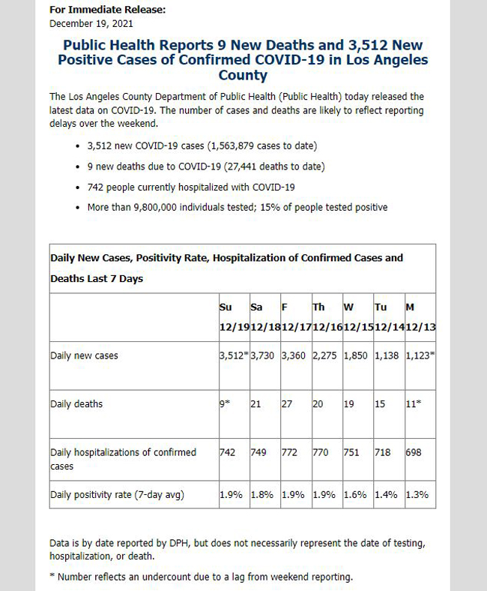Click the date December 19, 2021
pyautogui.click(x=91, y=24)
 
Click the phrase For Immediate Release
pyautogui.click(x=107, y=10)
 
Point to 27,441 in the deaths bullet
pyautogui.click(x=242, y=166)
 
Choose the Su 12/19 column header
pyautogui.click(x=235, y=317)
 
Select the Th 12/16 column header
pyautogui.click(x=327, y=317)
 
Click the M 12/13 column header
pyautogui.click(x=420, y=317)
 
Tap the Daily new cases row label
pyautogui.click(x=84, y=355)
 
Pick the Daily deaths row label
pyautogui.click(x=76, y=404)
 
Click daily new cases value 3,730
pyautogui.click(x=262, y=355)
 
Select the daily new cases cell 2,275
pyautogui.click(x=324, y=355)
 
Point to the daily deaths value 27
pyautogui.click(x=287, y=404)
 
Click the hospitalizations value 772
pyautogui.click(x=289, y=452)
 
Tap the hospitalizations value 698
pyautogui.click(x=413, y=452)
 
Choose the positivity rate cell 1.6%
pyautogui.click(x=355, y=494)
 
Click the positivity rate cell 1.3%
pyautogui.click(x=417, y=494)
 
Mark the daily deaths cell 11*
pyautogui.click(x=413, y=404)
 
